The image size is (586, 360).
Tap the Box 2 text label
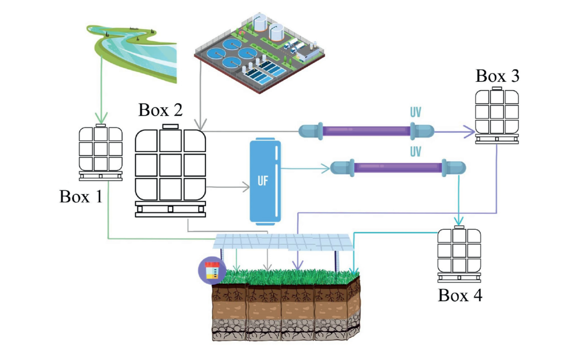point(160,110)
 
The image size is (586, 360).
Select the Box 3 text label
point(497,76)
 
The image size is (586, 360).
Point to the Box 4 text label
point(460,295)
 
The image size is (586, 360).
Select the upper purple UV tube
point(366,131)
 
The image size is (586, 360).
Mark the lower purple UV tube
point(398,168)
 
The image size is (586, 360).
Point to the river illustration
point(139,51)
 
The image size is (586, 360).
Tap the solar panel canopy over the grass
point(282,242)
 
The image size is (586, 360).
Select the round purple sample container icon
point(211,270)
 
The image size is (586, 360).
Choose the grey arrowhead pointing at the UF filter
point(244,188)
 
